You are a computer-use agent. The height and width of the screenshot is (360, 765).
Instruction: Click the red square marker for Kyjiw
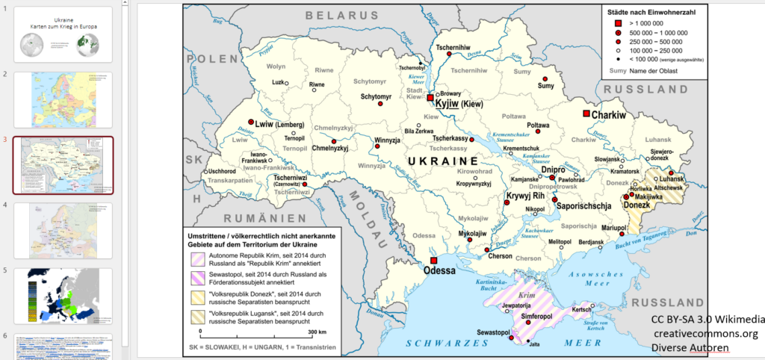(x=430, y=98)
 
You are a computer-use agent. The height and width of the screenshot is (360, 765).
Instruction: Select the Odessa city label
(x=439, y=271)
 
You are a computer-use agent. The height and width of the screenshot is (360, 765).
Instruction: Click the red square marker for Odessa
(x=433, y=260)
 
